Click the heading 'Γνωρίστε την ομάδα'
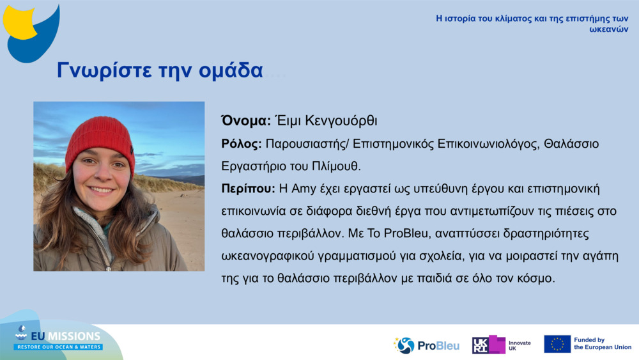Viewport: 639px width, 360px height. coord(160,70)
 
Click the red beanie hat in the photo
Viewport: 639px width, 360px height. coord(99,137)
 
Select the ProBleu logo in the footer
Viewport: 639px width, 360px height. coord(426,345)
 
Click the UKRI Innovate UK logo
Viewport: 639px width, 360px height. coord(501,345)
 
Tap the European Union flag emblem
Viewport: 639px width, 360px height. coord(557,344)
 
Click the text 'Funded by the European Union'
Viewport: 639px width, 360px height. coord(602,344)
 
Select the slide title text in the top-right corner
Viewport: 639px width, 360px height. coord(532,24)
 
